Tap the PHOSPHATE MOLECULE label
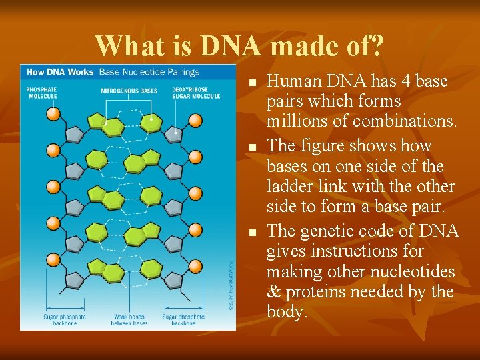(x=41, y=93)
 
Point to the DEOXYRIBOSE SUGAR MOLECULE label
(x=196, y=93)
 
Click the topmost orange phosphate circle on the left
(x=54, y=113)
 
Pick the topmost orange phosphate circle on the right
(x=195, y=120)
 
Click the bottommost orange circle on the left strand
(x=54, y=259)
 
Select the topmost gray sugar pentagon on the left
(x=74, y=134)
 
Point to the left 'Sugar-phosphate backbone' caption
(x=61, y=320)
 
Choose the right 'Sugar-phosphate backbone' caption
(x=183, y=320)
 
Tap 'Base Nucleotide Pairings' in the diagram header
(x=149, y=72)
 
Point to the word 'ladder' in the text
(x=290, y=187)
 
